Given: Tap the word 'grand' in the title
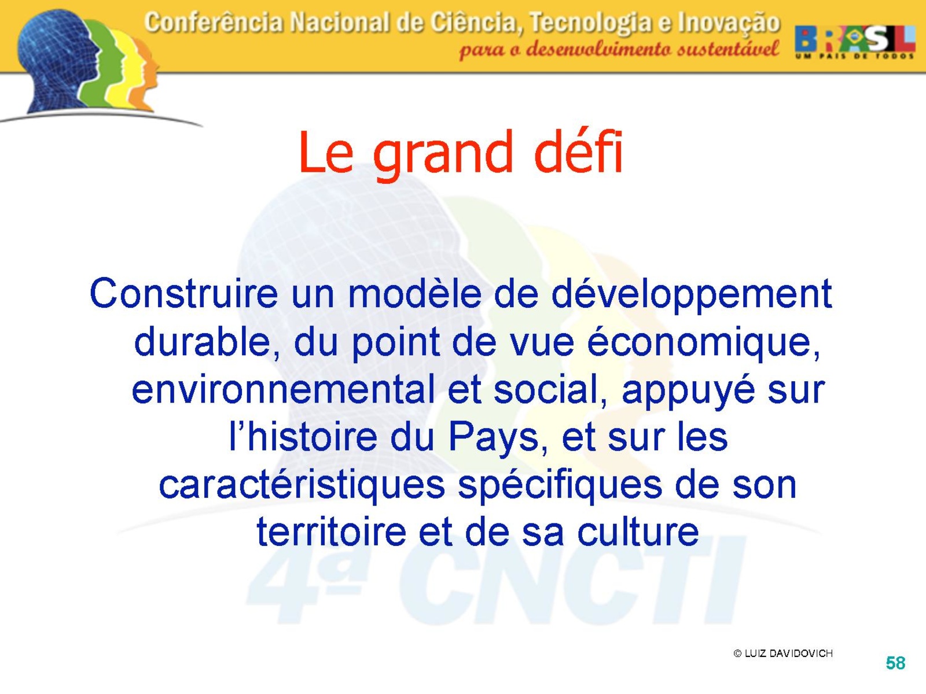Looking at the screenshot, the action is [443, 157].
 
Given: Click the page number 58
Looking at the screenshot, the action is [895, 663].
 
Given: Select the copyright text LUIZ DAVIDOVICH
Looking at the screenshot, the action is [788, 653].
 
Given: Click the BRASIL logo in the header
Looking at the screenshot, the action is [855, 41].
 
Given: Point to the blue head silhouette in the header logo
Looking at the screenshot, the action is [57, 59].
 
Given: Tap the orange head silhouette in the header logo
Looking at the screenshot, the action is [145, 74].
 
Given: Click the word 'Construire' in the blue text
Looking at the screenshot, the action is [183, 293].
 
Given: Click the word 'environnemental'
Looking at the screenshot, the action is [283, 389].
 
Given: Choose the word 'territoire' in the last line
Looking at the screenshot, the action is [331, 531].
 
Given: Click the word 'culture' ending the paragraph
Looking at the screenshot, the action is [638, 531].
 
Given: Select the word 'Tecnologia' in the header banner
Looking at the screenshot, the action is [590, 24].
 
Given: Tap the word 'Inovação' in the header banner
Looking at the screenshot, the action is [729, 24].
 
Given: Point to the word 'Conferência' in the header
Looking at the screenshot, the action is [214, 23].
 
